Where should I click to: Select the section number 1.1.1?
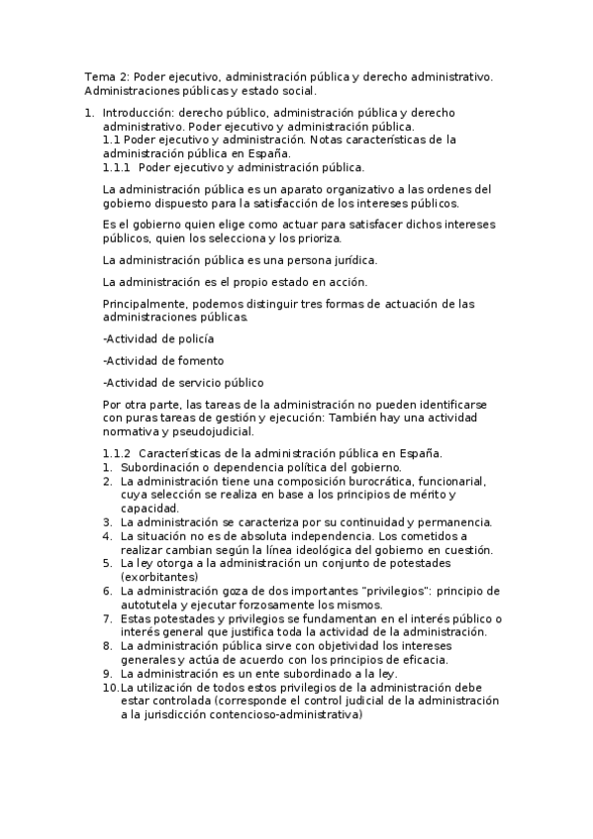(x=117, y=168)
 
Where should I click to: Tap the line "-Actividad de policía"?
(x=151, y=338)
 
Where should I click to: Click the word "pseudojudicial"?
(x=213, y=431)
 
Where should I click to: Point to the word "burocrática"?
(x=376, y=481)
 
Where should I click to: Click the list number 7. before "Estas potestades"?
(x=108, y=618)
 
